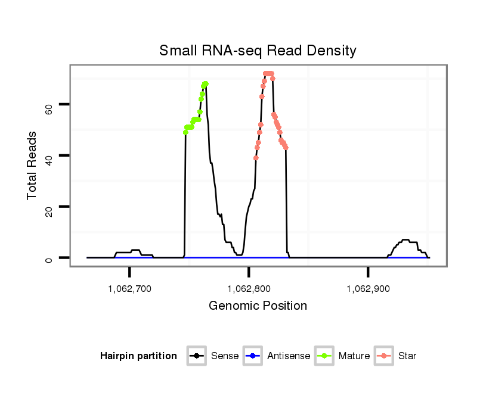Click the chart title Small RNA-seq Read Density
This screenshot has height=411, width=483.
[x=258, y=51]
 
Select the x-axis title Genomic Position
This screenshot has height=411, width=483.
[x=258, y=306]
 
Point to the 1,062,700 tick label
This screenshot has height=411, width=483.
[x=129, y=289]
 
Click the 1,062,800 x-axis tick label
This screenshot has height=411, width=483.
[x=249, y=289]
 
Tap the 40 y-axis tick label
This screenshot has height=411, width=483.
[x=49, y=156]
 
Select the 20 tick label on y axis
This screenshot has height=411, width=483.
[x=49, y=207]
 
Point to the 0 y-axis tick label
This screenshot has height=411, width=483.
[x=49, y=258]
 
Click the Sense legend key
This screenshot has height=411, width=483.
[x=197, y=356]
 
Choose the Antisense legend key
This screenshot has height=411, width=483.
[x=253, y=356]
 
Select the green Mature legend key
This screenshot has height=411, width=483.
[x=324, y=356]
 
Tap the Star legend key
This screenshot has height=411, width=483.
[x=385, y=356]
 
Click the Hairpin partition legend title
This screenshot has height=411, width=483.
[x=138, y=356]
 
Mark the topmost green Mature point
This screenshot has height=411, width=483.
[x=205, y=84]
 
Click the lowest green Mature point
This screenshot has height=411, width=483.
[x=185, y=132]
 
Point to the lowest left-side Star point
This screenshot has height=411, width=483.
[x=256, y=158]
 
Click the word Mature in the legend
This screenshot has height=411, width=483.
[x=354, y=356]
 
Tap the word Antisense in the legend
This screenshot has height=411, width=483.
[x=289, y=356]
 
